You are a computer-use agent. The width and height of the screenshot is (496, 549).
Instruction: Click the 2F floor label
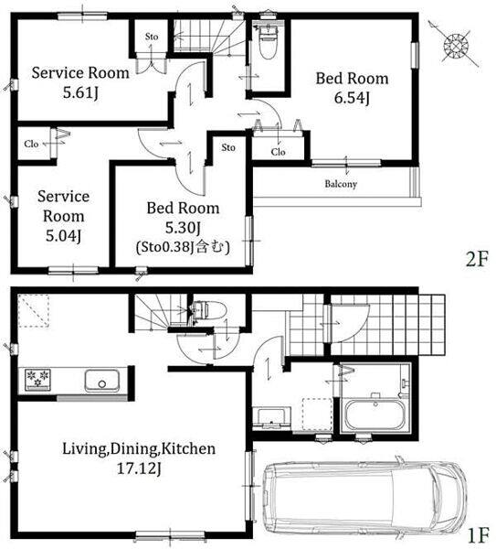coord(477,260)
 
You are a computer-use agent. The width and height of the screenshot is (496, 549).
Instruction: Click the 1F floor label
coord(478,534)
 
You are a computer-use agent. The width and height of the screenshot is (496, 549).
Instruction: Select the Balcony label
coord(341,184)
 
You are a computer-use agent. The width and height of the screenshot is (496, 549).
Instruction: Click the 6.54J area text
coord(352,98)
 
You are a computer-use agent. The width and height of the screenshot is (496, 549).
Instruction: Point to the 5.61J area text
coord(80,92)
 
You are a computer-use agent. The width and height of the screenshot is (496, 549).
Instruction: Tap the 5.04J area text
coord(63,236)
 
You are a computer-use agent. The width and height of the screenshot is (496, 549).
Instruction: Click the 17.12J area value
coord(139,468)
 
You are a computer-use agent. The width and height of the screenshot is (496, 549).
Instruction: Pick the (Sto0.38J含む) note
coord(183,247)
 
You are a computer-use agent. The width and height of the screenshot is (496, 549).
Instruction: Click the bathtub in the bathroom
coord(375,414)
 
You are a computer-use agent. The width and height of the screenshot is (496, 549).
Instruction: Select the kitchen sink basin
coord(101,381)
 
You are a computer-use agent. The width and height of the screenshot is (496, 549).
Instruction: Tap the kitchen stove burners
coord(37,379)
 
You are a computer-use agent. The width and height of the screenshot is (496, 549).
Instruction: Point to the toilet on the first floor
coord(210,310)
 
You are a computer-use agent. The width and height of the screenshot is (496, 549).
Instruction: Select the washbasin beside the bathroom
coord(271,417)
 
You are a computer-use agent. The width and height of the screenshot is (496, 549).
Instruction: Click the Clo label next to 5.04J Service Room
coord(31,144)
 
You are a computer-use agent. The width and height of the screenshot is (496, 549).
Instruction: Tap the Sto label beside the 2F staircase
coord(152,37)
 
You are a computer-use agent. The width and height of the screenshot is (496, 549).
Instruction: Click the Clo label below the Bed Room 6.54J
coord(279,152)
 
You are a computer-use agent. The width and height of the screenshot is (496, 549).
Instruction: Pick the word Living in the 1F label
coord(83,449)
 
